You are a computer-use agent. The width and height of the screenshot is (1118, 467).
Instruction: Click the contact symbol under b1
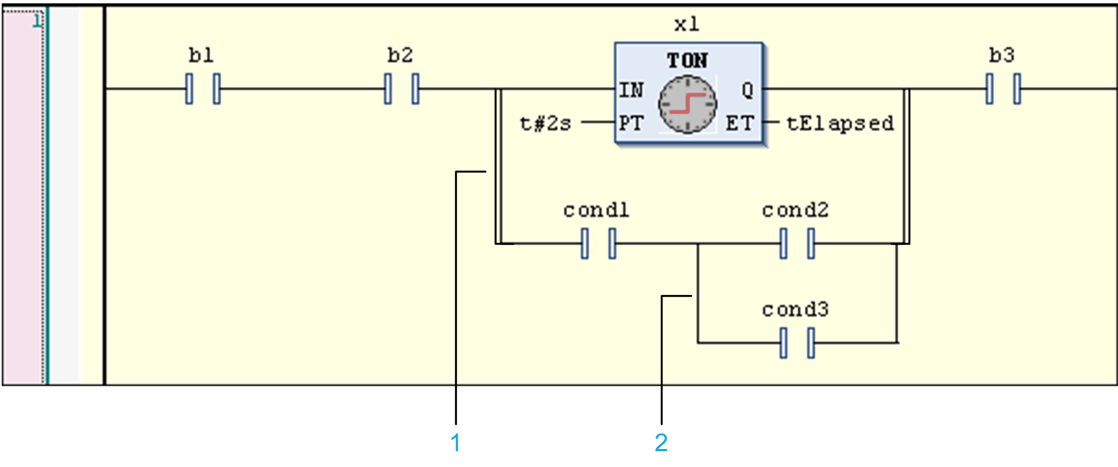203,89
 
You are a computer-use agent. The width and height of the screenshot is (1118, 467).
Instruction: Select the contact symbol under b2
401,89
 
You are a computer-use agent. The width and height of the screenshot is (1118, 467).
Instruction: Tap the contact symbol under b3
1003,89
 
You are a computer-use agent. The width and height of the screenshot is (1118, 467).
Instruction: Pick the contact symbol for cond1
598,244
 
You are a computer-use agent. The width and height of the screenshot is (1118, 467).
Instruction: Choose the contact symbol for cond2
797,244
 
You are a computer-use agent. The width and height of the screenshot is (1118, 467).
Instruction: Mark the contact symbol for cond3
797,343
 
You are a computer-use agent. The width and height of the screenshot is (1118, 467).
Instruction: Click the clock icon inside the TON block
687,104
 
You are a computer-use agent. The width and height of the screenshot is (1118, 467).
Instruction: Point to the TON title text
687,61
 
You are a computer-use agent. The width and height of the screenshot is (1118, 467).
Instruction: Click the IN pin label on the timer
631,90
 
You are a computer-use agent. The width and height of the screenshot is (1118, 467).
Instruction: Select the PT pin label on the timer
631,123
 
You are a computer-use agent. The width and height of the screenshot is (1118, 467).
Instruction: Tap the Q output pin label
747,90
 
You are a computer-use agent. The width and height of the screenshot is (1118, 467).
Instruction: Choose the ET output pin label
740,123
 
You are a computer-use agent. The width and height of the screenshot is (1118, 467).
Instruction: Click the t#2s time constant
545,123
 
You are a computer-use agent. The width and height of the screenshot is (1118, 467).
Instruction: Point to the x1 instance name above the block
687,24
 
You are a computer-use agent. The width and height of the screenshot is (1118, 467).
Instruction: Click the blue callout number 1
456,442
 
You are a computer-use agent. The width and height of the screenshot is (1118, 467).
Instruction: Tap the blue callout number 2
661,442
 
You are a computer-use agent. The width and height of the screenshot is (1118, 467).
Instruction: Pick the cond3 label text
795,310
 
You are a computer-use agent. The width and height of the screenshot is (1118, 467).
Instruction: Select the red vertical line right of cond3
896,293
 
